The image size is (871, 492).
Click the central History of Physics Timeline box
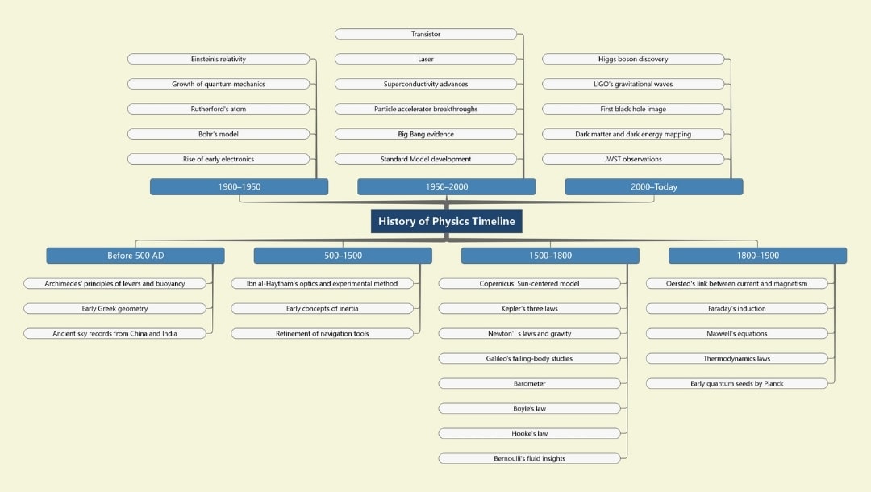(x=446, y=222)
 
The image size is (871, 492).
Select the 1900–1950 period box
(x=239, y=186)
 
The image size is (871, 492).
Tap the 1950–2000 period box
(x=446, y=186)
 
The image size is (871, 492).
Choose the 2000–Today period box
(x=653, y=186)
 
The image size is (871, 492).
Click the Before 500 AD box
(x=135, y=256)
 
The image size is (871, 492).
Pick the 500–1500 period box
(x=343, y=256)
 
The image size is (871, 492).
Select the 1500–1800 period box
(x=550, y=256)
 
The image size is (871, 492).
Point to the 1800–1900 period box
(x=757, y=256)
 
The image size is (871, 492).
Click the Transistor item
(x=426, y=34)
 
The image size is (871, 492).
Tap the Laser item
(x=426, y=59)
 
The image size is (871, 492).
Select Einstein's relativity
(x=219, y=59)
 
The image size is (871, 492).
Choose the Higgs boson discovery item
(x=633, y=59)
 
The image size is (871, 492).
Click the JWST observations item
(x=633, y=159)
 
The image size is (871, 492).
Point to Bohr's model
(x=219, y=134)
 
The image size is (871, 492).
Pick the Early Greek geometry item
(x=115, y=308)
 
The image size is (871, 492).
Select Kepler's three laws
(x=530, y=308)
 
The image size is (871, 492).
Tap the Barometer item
(x=530, y=383)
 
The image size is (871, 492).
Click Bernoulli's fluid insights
(x=530, y=458)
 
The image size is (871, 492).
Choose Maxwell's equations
(x=737, y=333)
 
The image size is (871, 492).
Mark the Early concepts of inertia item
(x=322, y=308)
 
